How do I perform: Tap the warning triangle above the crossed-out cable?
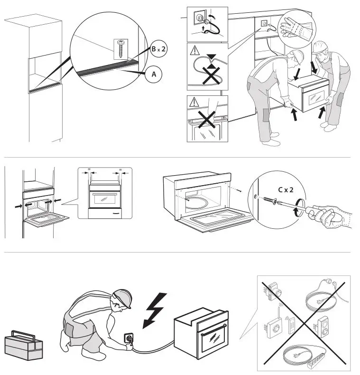(x=193, y=50)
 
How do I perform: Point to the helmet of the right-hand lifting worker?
(x=320, y=47)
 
